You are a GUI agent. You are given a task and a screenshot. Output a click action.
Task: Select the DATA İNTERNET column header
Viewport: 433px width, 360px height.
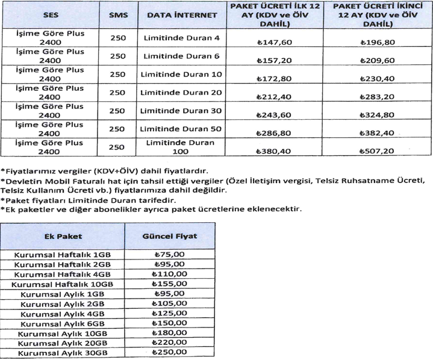[x=181, y=14]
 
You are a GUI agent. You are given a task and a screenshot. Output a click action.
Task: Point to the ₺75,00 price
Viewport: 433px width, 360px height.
[x=170, y=253]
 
